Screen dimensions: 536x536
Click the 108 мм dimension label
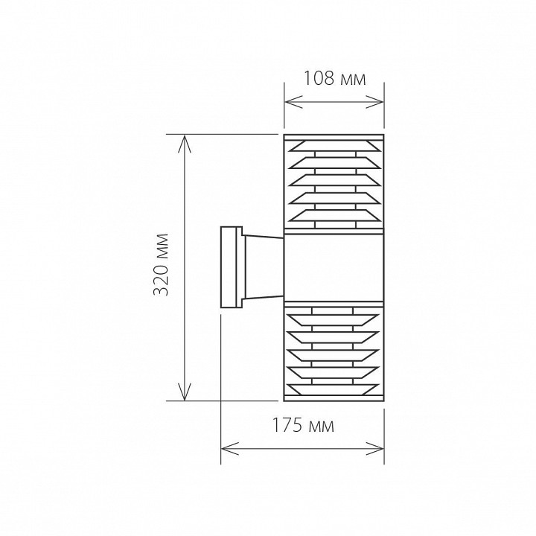point(335,78)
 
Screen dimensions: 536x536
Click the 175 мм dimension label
point(303,426)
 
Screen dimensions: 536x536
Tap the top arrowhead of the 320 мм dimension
point(184,140)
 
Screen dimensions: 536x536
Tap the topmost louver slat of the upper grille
point(334,143)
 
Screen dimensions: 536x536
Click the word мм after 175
point(322,427)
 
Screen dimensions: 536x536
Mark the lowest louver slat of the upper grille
point(334,216)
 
